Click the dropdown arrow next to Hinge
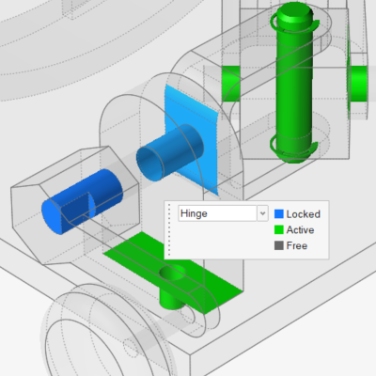(x=262, y=213)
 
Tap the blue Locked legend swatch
(x=279, y=214)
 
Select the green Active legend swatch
(x=279, y=229)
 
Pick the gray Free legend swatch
(x=279, y=245)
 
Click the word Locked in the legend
(x=303, y=214)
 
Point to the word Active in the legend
(x=300, y=229)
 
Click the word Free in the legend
(x=297, y=245)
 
